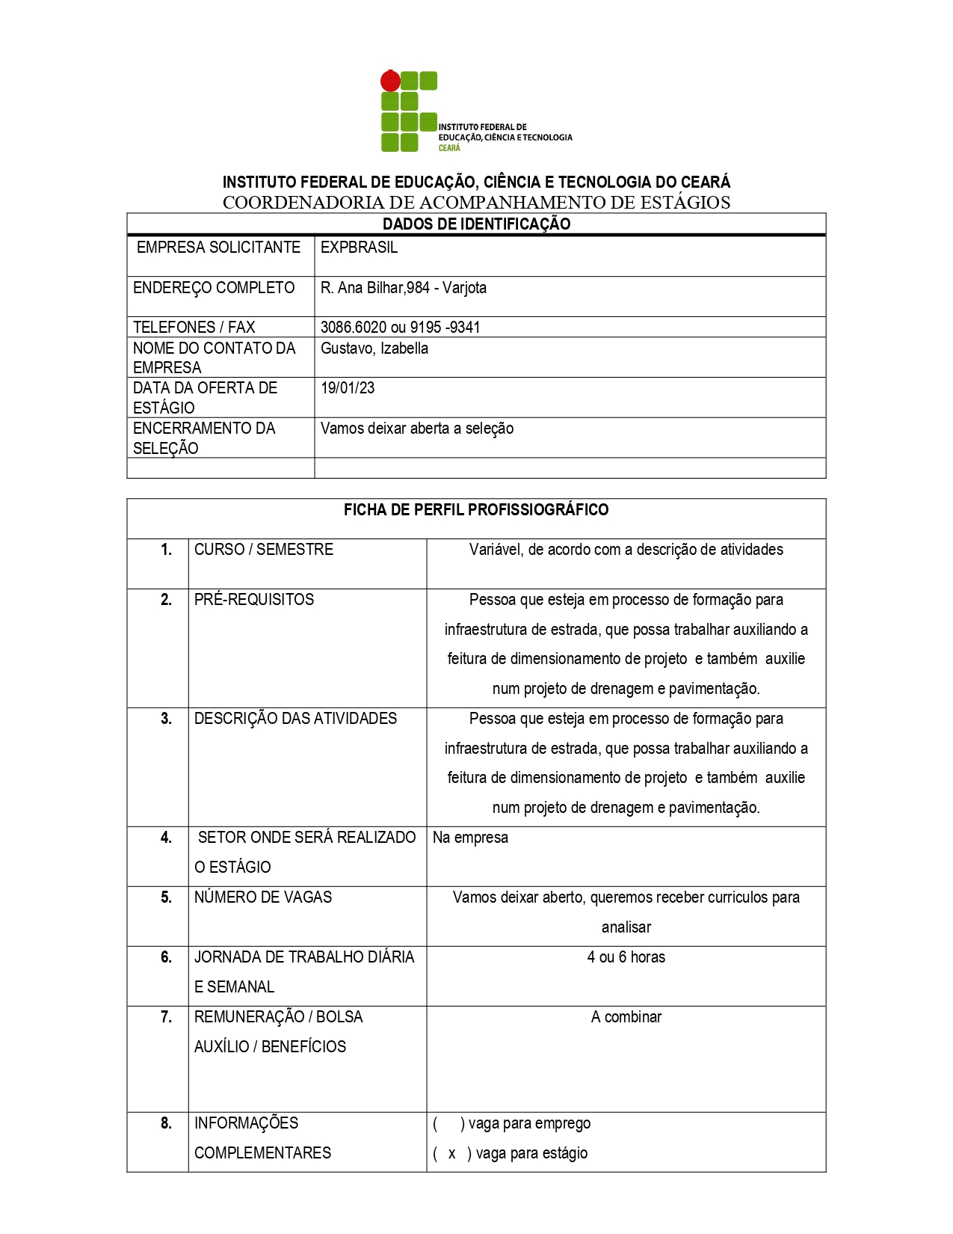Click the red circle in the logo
(x=390, y=81)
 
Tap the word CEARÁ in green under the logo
(x=449, y=148)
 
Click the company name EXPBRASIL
(x=359, y=248)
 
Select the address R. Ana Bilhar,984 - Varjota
(x=403, y=288)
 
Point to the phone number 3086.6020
(x=354, y=328)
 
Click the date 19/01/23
(x=348, y=388)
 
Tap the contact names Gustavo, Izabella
(x=374, y=349)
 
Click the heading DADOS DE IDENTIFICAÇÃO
(x=476, y=224)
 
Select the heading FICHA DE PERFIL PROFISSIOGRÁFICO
(x=476, y=510)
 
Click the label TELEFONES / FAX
(x=194, y=328)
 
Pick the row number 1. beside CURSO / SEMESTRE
(x=166, y=550)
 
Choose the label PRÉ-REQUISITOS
(x=254, y=600)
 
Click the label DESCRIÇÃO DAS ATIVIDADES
(x=295, y=719)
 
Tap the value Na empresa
(x=470, y=838)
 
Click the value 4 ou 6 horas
(x=626, y=957)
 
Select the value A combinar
(x=626, y=1017)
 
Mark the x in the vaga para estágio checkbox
(x=451, y=1154)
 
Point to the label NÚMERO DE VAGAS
(x=263, y=897)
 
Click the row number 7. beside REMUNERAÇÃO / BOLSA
(x=166, y=1017)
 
